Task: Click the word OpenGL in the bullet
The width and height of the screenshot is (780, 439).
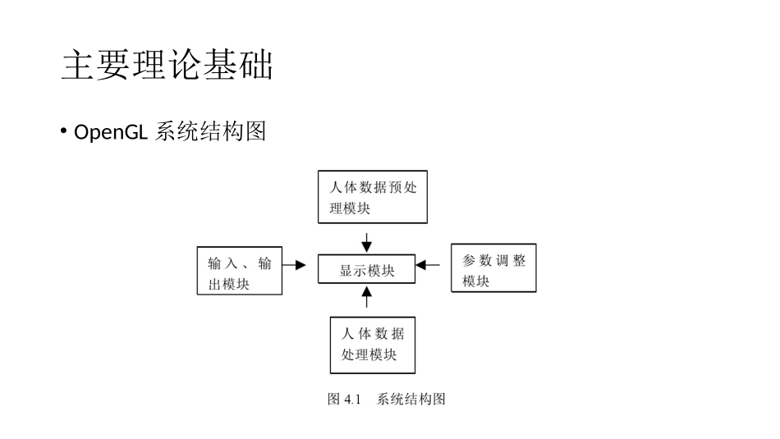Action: point(110,132)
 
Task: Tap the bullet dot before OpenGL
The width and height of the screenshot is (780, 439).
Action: point(64,131)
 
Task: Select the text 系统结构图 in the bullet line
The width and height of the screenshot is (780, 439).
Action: point(210,132)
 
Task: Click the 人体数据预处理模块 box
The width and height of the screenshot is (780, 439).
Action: point(373,198)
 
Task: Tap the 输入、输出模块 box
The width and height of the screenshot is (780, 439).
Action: point(240,270)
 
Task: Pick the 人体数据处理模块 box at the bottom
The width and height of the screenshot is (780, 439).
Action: point(372,345)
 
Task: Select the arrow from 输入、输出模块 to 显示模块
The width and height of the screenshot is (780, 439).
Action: point(295,265)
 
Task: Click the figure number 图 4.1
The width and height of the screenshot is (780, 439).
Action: point(344,400)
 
